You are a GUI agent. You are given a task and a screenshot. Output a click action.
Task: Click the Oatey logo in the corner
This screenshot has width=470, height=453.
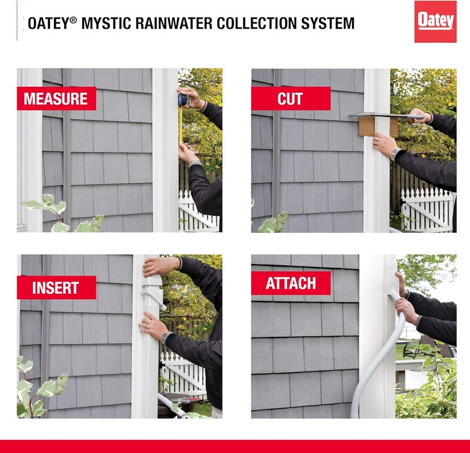click(x=435, y=22)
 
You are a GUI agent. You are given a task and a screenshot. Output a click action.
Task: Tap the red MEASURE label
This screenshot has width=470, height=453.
click(x=56, y=99)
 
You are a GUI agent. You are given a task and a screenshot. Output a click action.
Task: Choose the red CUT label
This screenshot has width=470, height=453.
click(x=290, y=99)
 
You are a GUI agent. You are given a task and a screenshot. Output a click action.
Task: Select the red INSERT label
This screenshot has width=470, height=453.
click(x=56, y=288)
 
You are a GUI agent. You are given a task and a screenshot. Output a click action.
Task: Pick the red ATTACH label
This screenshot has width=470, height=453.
click(x=291, y=283)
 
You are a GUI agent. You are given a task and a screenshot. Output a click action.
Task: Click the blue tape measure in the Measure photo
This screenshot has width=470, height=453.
click(x=183, y=99)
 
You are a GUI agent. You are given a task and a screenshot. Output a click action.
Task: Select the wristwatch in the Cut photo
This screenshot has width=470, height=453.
click(x=395, y=154)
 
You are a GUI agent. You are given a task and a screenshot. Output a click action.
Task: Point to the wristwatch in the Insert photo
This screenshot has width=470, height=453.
click(x=166, y=337)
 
